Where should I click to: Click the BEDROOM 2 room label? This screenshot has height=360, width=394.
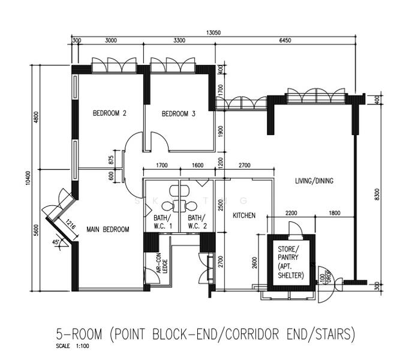(110, 113)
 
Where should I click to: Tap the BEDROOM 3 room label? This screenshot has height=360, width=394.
(178, 114)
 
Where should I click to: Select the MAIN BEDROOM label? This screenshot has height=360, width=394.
(108, 229)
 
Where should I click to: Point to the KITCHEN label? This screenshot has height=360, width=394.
(244, 215)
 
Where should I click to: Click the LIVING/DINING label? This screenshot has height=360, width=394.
(314, 181)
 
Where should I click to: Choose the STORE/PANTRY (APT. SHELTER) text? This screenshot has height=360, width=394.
(291, 262)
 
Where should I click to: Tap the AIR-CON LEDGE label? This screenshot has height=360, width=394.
(161, 263)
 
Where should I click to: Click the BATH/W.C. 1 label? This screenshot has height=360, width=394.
(163, 222)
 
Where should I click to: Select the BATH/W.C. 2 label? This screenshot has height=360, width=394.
(197, 222)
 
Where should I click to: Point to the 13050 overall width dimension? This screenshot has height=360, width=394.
(213, 32)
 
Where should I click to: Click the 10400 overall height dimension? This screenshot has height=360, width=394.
(28, 178)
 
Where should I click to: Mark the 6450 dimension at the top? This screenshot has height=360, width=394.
(285, 40)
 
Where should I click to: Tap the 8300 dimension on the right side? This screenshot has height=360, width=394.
(377, 194)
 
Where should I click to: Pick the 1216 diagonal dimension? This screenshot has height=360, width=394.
(70, 224)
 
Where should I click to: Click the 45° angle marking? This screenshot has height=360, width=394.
(55, 242)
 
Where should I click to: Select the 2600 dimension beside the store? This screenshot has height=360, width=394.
(255, 262)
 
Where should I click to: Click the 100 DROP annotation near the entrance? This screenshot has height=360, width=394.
(325, 277)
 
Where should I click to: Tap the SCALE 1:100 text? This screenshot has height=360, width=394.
(73, 346)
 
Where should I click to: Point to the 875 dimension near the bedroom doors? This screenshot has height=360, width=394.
(112, 160)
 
